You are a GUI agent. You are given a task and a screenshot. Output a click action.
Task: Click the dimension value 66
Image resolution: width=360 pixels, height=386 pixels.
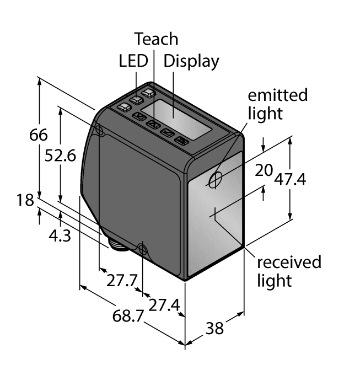(39, 135)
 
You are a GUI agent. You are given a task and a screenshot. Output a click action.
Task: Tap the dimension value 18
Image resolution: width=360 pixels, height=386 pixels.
(25, 200)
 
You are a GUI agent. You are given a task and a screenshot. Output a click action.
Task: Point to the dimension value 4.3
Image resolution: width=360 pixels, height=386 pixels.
(60, 236)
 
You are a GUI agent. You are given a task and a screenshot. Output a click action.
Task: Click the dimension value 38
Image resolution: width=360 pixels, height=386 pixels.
(215, 328)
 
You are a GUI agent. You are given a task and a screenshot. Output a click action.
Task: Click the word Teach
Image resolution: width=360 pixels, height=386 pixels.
(157, 39)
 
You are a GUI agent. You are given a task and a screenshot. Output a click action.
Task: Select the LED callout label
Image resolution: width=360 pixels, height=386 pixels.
(133, 61)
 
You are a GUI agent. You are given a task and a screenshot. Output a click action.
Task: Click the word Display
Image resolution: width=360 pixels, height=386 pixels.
(191, 61)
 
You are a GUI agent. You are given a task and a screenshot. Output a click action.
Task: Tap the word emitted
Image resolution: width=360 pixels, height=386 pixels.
(277, 95)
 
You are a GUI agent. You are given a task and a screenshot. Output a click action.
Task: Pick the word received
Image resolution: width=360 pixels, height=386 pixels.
(289, 261)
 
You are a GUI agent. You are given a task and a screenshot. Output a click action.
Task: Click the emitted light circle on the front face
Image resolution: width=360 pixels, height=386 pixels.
(216, 179)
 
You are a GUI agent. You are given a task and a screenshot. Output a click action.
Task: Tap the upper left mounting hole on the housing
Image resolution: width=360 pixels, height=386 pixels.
(100, 130)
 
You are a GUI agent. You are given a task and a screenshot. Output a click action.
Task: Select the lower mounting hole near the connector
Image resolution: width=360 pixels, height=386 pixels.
(142, 250)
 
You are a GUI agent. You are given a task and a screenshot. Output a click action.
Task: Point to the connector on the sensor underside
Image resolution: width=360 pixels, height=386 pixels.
(118, 243)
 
